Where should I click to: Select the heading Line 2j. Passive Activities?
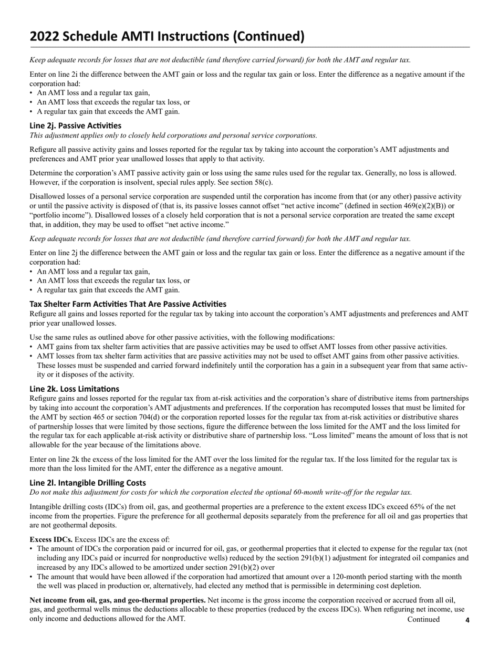tap(75, 126)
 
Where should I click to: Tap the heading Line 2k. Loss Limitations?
tap(74, 389)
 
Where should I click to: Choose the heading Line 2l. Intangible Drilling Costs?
tap(88, 483)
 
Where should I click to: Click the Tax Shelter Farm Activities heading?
tap(128, 304)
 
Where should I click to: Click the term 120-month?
tap(278, 577)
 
